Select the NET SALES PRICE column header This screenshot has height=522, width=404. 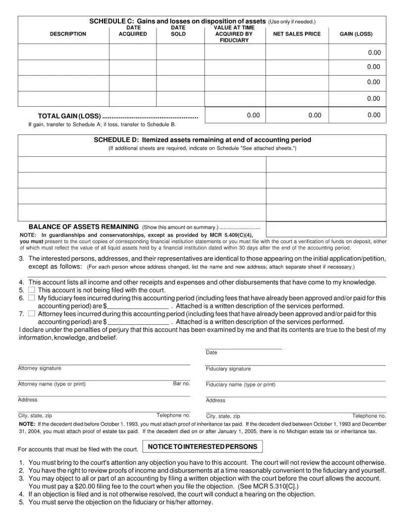coord(297,34)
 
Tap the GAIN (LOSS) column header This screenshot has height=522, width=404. coord(356,34)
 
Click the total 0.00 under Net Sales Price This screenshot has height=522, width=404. coord(314,115)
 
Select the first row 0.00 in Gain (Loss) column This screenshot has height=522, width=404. coord(374,52)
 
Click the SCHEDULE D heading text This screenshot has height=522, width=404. coord(202,140)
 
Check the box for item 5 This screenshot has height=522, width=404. coord(32,290)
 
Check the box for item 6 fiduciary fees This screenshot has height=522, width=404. coord(32,298)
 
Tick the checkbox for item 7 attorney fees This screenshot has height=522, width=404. coord(32,313)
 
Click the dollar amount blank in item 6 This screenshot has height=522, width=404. coord(138,306)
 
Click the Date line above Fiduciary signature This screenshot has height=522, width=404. coord(243,348)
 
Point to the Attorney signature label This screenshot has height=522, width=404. coord(40,368)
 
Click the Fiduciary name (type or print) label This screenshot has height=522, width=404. coord(240,385)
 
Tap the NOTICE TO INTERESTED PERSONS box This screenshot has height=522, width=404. coord(202,447)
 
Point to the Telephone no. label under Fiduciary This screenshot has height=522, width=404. coord(369,416)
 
